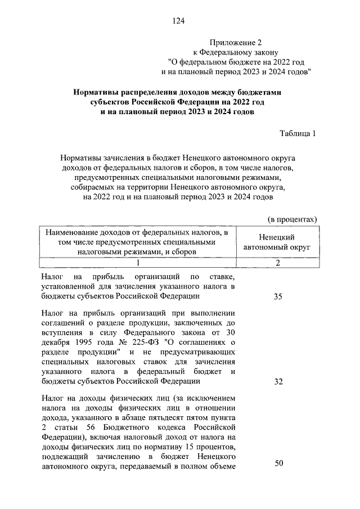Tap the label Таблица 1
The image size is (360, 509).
pyautogui.click(x=298, y=133)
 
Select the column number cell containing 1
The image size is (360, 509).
pyautogui.click(x=137, y=263)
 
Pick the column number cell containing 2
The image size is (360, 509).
pyautogui.click(x=277, y=263)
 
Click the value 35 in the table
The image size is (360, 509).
pyautogui.click(x=278, y=297)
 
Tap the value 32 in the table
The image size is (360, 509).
pyautogui.click(x=278, y=382)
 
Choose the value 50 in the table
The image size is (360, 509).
pyautogui.click(x=278, y=463)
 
